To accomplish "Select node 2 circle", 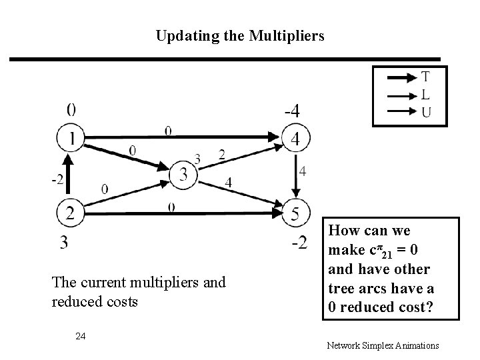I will pos(70,214).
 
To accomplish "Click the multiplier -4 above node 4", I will pos(291,111).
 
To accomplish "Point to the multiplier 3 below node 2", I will pos(64,243).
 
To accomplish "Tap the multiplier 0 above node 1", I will pos(71,109).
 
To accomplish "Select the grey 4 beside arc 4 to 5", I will pos(303,172).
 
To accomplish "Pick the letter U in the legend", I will pos(425,112).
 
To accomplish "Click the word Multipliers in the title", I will pos(284,35).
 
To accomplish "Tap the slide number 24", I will pos(81,335).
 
